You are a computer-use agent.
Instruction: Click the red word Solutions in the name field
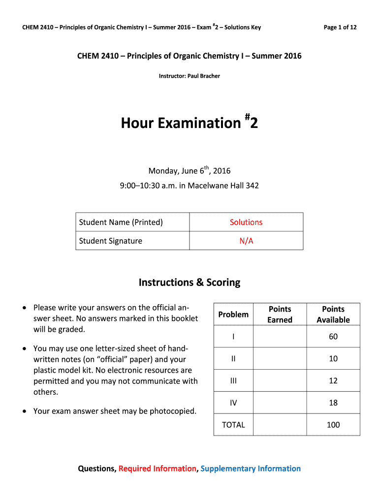coord(246,222)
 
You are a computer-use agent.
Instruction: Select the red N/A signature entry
coord(246,241)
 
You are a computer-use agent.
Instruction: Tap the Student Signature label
coord(110,241)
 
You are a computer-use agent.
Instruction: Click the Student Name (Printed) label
coord(121,222)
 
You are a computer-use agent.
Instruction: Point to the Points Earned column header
coord(280,314)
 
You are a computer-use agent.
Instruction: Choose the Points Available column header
coord(333,314)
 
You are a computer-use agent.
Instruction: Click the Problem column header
coord(233,314)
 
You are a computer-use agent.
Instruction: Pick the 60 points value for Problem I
coord(333,337)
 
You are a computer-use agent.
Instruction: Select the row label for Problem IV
coord(233,403)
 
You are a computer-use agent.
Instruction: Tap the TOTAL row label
coord(233,425)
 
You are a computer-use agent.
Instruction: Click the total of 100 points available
coord(333,425)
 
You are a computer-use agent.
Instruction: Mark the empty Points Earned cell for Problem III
coord(280,380)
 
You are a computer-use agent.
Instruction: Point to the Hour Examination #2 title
coord(189,122)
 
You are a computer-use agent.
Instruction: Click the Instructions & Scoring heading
coord(189,283)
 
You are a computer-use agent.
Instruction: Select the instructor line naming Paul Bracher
coord(189,76)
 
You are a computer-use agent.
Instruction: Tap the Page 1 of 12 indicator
coord(340,27)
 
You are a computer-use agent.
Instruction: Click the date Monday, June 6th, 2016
coord(189,171)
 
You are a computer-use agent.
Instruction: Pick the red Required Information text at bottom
coord(157,469)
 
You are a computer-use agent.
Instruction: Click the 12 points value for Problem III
coord(333,380)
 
